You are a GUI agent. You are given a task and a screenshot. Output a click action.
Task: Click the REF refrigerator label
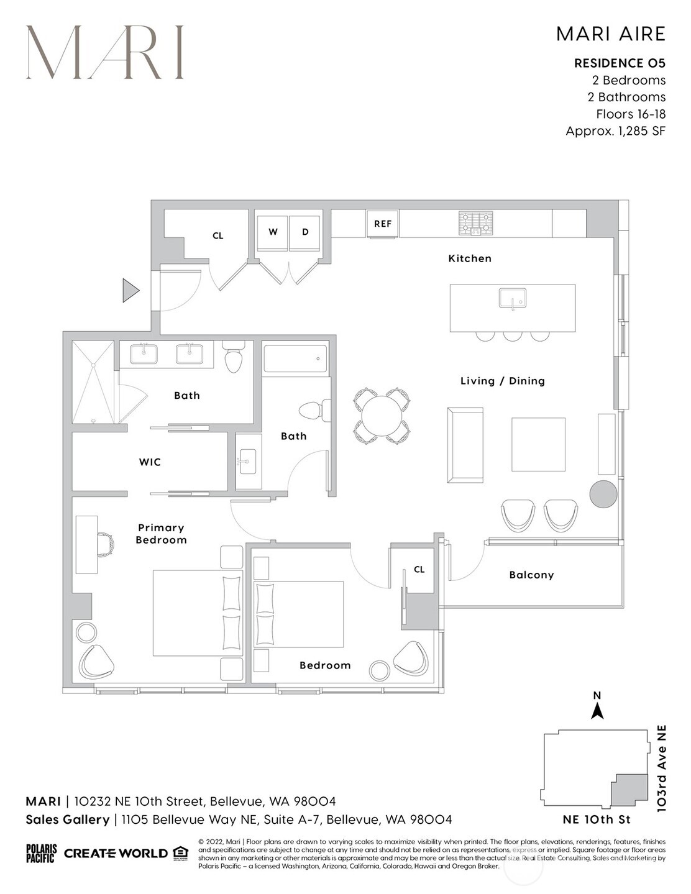click(x=383, y=224)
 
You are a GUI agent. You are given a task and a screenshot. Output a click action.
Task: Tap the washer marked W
click(x=273, y=232)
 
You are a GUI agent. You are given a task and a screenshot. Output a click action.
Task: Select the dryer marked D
click(x=305, y=232)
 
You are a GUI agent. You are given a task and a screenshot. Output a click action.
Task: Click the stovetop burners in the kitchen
click(x=476, y=224)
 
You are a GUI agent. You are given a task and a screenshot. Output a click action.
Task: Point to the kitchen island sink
click(x=512, y=298)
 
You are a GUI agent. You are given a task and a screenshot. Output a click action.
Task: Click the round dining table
click(x=382, y=416)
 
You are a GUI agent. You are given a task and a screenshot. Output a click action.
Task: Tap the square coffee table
click(x=538, y=445)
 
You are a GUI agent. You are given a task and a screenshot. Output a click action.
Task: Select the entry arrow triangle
click(x=130, y=290)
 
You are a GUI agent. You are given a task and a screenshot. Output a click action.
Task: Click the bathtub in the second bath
click(x=295, y=359)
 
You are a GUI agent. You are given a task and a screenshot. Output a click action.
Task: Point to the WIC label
click(x=150, y=462)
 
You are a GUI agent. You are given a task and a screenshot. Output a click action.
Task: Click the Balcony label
click(x=531, y=575)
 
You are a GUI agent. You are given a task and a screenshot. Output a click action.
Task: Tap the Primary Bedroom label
click(x=161, y=534)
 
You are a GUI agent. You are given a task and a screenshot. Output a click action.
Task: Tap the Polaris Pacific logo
click(x=41, y=853)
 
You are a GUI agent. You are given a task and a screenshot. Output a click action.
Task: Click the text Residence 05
click(x=620, y=63)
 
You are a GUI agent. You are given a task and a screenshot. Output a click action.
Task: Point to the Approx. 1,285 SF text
click(x=615, y=131)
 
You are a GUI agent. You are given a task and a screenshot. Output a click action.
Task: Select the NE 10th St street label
click(x=588, y=819)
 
